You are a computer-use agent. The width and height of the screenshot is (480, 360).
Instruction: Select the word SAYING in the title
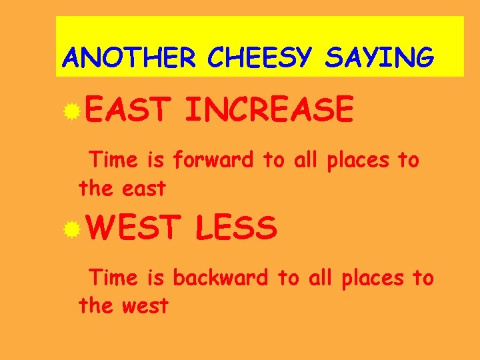379,58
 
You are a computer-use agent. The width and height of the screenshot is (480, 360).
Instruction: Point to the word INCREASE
269,110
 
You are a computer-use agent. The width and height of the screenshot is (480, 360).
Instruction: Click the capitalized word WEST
132,229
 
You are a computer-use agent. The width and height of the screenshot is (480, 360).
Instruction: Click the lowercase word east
143,189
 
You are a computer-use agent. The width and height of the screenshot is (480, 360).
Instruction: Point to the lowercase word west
145,307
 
